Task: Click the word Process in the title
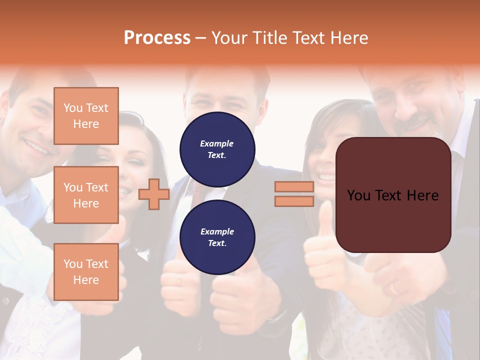coord(157,38)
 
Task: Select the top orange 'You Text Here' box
coord(86,116)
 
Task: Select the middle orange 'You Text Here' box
coord(86,195)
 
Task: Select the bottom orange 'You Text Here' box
coord(86,272)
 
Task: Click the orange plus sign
coord(154,194)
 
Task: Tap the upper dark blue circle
coord(217,149)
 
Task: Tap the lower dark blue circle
coord(217,237)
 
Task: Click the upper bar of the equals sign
coord(294,187)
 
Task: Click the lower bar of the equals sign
coord(294,201)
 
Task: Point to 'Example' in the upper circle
coord(217,143)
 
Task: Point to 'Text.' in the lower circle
coord(217,243)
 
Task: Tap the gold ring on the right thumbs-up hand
coord(393,289)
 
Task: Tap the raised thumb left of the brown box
coord(325,220)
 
